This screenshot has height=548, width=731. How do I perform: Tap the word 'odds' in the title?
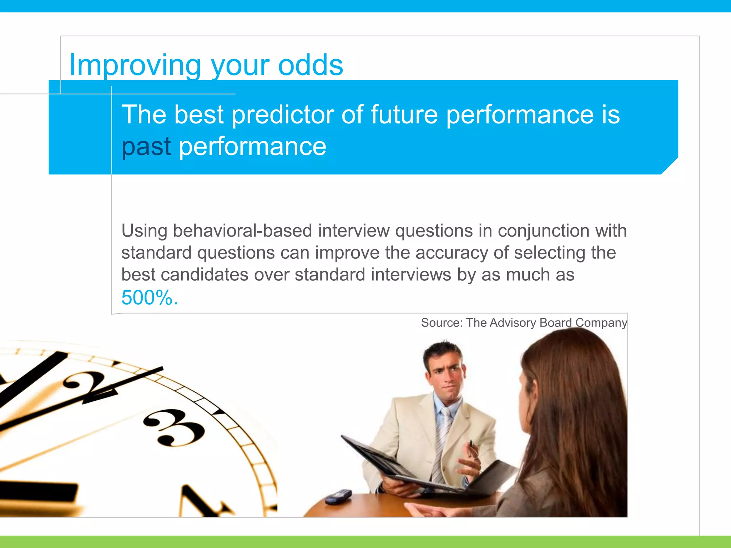point(310,65)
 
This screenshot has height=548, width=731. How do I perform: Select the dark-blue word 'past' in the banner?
point(146,147)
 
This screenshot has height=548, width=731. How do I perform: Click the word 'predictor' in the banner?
point(282,115)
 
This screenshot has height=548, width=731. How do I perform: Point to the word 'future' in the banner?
point(404,115)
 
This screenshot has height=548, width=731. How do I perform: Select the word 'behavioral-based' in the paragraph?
point(242,230)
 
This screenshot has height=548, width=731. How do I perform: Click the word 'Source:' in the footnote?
point(442,323)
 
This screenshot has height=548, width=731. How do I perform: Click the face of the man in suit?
point(446,375)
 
